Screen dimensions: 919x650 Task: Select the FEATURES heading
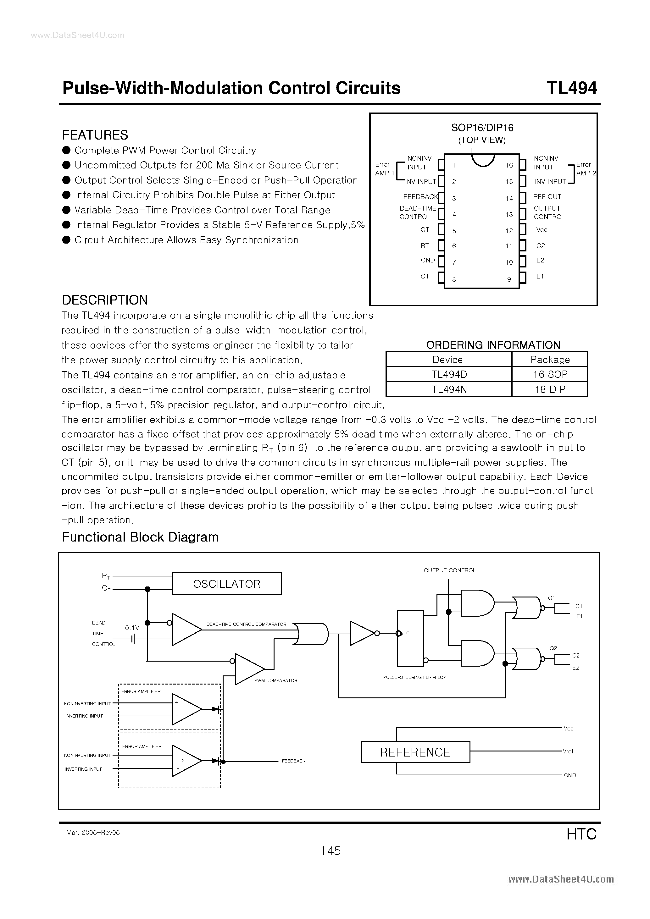coord(95,135)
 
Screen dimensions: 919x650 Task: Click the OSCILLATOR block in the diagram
coord(227,584)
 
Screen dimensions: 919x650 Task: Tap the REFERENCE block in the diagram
coord(415,752)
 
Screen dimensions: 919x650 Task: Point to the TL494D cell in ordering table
coord(449,374)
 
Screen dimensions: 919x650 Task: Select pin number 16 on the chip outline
coord(508,165)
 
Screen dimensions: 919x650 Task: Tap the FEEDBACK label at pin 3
coord(420,196)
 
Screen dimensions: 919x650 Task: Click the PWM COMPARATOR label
coord(275,680)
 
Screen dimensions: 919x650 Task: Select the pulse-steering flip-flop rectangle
coord(410,638)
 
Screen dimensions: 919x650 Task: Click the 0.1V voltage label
coord(132,628)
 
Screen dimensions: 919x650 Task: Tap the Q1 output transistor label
coord(551,598)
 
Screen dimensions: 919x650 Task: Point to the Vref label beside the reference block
coord(568,751)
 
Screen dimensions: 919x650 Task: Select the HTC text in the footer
coord(581,834)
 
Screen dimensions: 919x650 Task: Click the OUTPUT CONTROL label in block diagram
coord(449,570)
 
